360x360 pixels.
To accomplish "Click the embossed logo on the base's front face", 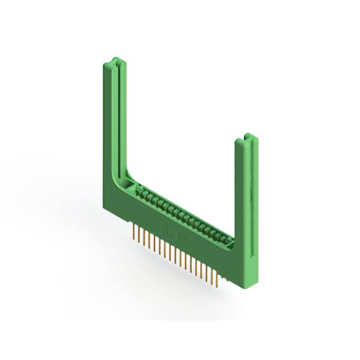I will click(x=169, y=228).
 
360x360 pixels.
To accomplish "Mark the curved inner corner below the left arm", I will click(x=127, y=177).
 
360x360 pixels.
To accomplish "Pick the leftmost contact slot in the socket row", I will click(x=141, y=192).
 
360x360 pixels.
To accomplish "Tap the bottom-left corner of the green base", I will click(x=105, y=209).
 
